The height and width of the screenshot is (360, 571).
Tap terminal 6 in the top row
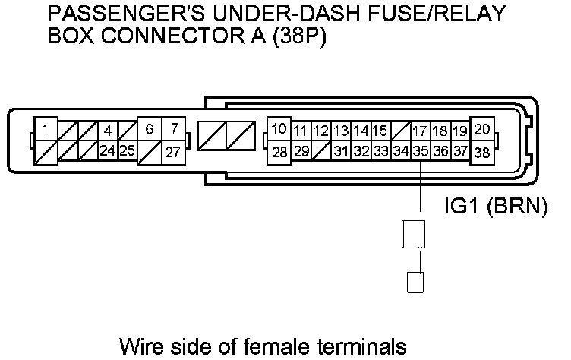[150, 130]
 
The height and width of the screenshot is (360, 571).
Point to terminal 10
[279, 128]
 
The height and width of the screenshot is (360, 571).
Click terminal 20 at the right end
[481, 129]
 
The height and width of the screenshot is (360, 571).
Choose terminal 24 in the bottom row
[108, 150]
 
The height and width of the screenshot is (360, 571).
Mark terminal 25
[127, 150]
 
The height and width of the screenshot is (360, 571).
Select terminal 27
[174, 152]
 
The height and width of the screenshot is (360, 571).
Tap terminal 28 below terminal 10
[279, 152]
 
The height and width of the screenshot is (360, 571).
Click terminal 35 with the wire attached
[421, 151]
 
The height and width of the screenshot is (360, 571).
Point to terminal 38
[481, 152]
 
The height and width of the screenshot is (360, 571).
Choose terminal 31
[341, 151]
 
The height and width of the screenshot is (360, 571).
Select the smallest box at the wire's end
[415, 283]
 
